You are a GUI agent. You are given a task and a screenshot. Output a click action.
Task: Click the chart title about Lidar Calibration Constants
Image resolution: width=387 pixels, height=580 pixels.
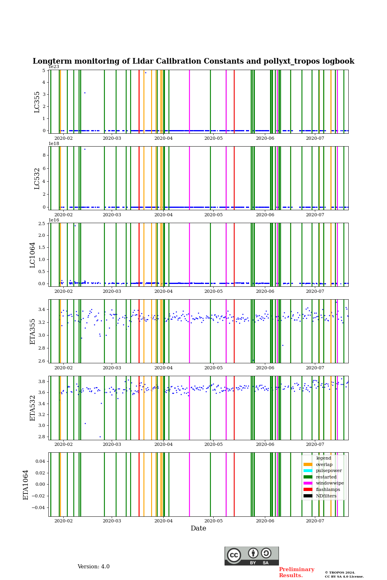tap(193, 61)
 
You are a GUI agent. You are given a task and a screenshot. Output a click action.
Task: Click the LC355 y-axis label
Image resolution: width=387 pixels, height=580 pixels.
tap(37, 102)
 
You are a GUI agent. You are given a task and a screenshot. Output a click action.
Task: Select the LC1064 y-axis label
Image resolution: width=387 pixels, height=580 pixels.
tap(33, 255)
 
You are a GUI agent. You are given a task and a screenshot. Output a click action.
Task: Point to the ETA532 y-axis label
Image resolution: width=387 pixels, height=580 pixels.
tap(33, 408)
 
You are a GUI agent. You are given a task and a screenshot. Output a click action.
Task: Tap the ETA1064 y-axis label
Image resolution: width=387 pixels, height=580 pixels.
tap(26, 485)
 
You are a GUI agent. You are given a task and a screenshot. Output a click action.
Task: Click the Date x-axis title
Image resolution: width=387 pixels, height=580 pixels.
tap(198, 528)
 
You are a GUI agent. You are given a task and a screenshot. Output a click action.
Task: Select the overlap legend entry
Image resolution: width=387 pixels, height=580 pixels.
tap(324, 464)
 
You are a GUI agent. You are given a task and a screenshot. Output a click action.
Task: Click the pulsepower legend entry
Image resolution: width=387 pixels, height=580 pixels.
tap(329, 470)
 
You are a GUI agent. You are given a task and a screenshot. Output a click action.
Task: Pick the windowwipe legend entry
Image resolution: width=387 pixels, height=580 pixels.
tap(329, 483)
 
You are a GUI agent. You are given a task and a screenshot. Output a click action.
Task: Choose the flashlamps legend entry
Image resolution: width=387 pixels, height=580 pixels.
tap(327, 490)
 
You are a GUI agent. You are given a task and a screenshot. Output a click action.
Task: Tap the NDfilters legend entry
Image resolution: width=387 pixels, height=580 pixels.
tap(326, 496)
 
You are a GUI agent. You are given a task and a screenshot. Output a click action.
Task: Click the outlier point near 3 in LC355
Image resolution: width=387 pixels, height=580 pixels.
tap(85, 93)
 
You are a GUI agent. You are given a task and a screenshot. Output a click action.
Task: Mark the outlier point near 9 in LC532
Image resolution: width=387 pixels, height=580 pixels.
tap(85, 149)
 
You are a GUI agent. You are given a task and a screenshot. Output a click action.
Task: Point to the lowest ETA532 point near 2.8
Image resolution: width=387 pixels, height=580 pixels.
tap(100, 437)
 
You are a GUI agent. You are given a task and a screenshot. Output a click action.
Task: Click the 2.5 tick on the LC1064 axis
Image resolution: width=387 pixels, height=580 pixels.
tap(42, 224)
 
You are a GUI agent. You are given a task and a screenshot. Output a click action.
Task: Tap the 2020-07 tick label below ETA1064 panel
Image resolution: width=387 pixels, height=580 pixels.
tap(315, 521)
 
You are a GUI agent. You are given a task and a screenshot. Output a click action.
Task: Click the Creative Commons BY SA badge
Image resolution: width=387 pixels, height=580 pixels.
tap(252, 556)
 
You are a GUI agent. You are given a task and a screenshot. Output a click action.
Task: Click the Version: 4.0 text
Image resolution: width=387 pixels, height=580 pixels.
tap(94, 567)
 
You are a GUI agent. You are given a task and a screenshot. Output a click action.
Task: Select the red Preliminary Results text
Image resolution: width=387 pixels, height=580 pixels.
tap(296, 572)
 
